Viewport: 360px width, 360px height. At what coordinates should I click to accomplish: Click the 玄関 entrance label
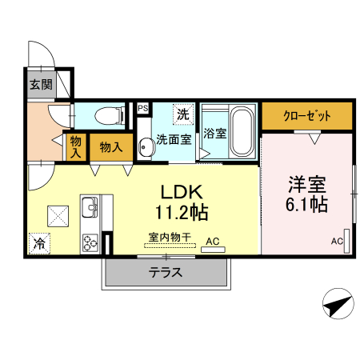pos(40,85)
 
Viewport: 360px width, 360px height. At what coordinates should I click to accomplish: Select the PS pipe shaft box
pos(142,108)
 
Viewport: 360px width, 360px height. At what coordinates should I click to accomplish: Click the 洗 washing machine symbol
pos(183,114)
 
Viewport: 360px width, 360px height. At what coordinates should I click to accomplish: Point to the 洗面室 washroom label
pos(173,139)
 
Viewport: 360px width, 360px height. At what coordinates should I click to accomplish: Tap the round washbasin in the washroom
pos(146,147)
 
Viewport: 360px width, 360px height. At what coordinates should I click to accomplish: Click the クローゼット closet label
pos(307,115)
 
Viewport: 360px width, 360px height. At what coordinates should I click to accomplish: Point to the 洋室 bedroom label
pos(307,182)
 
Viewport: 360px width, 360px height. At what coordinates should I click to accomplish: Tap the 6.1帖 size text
pos(307,206)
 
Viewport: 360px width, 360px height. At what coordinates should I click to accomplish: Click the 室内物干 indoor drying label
pos(169,238)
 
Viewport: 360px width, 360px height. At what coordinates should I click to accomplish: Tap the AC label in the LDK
pos(213,240)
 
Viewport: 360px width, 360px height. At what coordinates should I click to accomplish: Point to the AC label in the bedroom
pos(337,241)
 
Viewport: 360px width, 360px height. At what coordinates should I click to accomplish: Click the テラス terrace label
pos(166,272)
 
